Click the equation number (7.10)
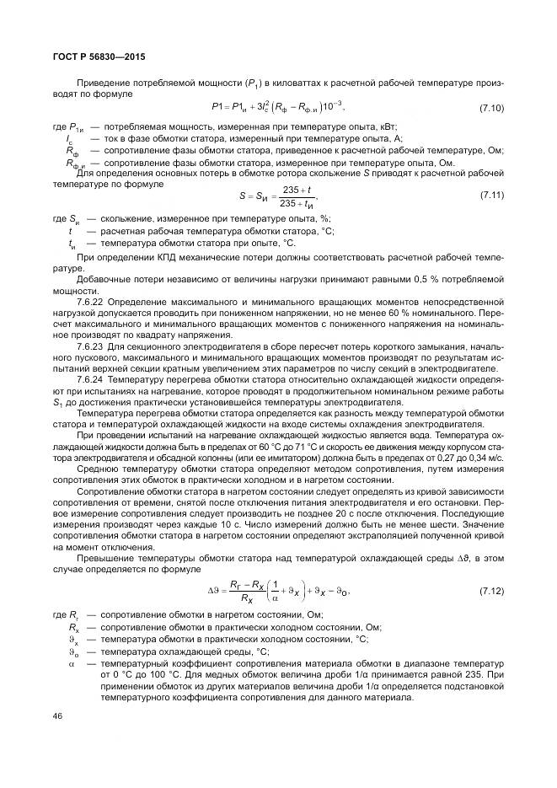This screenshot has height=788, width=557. click(491, 109)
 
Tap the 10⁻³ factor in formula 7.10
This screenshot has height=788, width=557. click(331, 106)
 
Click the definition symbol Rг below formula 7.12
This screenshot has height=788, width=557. click(73, 616)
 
